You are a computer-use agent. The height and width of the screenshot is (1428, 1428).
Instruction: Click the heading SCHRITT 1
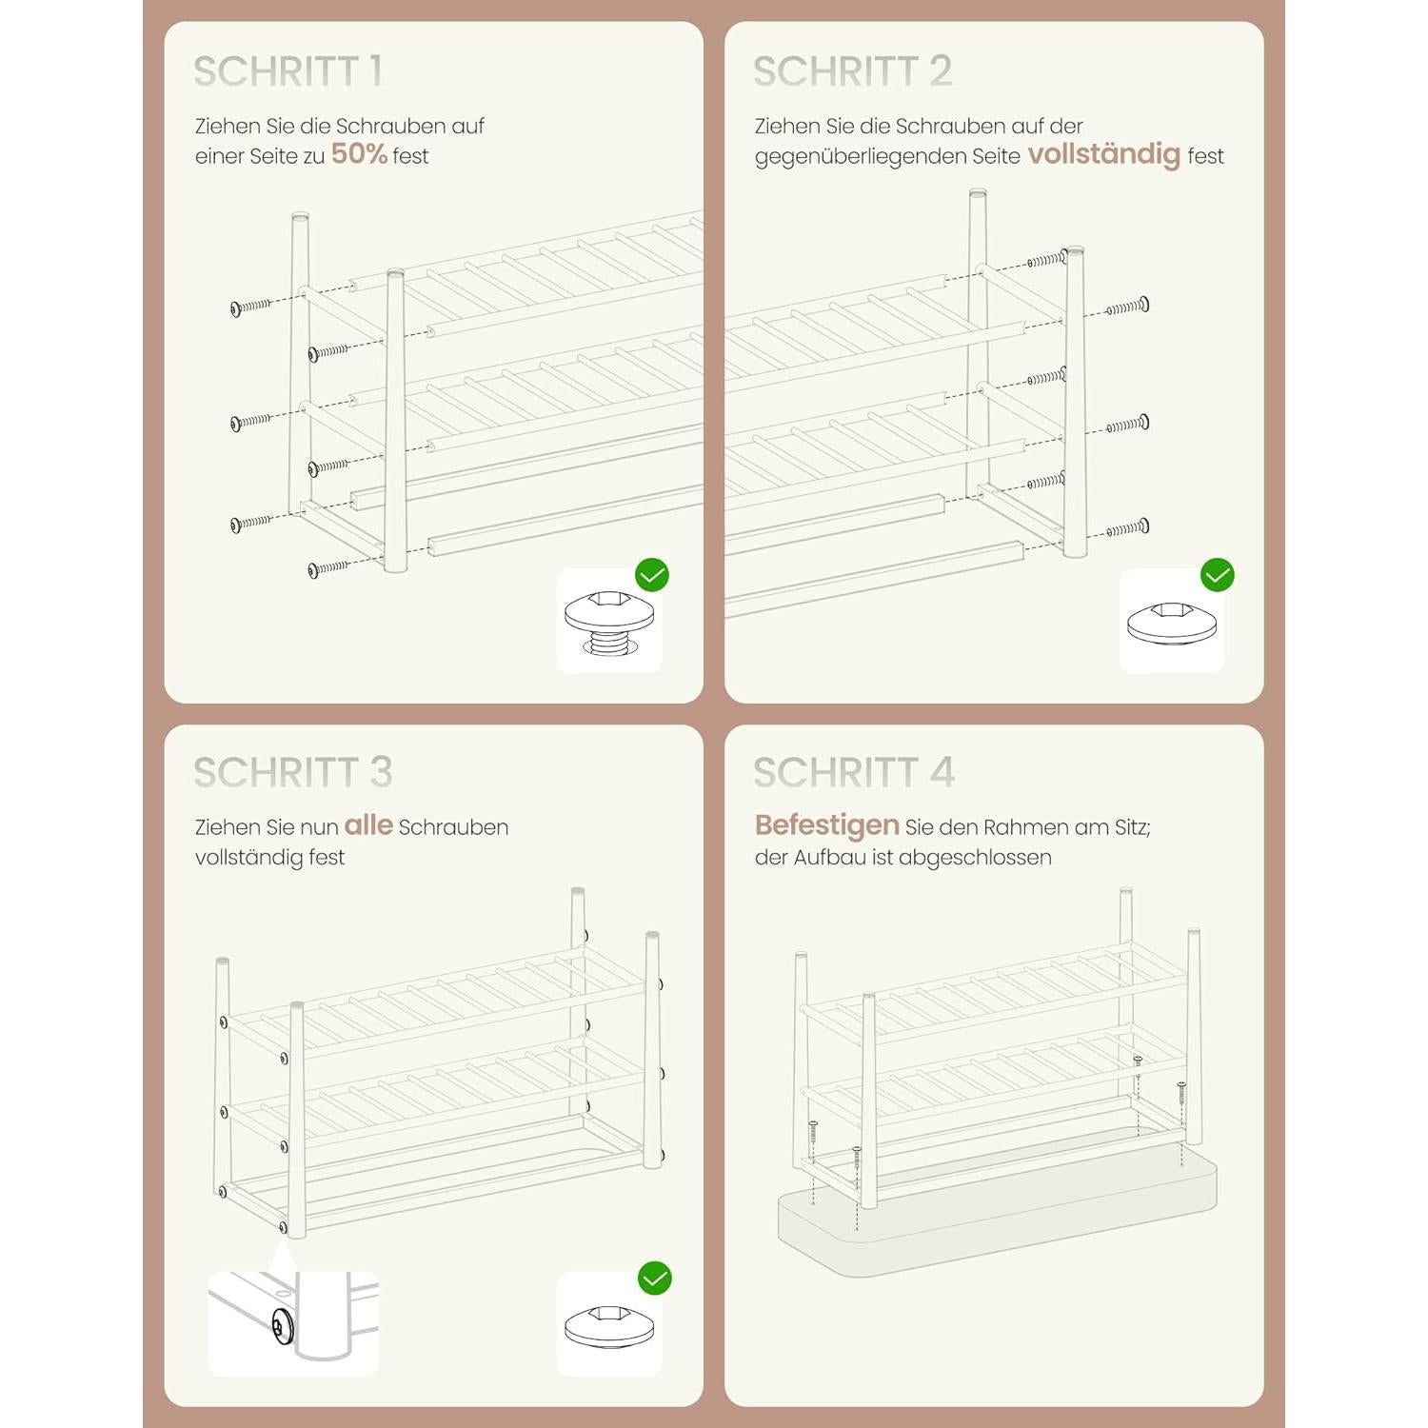(x=288, y=71)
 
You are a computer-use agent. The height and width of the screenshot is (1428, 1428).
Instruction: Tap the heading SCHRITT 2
(x=852, y=71)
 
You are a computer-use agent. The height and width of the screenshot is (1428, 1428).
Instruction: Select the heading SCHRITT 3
(x=292, y=772)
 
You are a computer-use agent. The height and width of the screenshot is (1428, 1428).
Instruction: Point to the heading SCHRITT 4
(x=853, y=772)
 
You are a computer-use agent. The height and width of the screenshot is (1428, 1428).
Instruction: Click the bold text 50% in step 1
(x=359, y=154)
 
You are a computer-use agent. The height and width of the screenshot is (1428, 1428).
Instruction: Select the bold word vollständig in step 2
(x=1103, y=155)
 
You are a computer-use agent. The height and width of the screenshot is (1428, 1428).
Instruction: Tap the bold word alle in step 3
(x=368, y=824)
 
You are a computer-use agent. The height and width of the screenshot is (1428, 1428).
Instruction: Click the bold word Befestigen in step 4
(x=826, y=825)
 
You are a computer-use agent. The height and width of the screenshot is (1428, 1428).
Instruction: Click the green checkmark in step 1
(x=652, y=575)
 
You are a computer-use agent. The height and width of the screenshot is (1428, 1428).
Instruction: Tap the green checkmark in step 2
(x=1218, y=575)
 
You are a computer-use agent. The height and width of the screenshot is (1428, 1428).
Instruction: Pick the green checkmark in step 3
(x=655, y=1278)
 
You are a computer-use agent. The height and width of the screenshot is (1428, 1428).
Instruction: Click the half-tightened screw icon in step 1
(x=609, y=623)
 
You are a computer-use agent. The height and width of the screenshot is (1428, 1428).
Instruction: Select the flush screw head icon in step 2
(x=1172, y=624)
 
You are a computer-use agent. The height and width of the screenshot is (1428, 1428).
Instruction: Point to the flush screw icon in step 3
(x=609, y=1327)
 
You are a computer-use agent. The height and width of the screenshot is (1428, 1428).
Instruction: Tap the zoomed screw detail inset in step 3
(x=293, y=1324)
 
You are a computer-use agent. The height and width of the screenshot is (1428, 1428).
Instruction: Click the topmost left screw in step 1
(x=251, y=307)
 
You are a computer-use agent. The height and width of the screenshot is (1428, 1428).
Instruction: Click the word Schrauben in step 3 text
(x=453, y=827)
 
